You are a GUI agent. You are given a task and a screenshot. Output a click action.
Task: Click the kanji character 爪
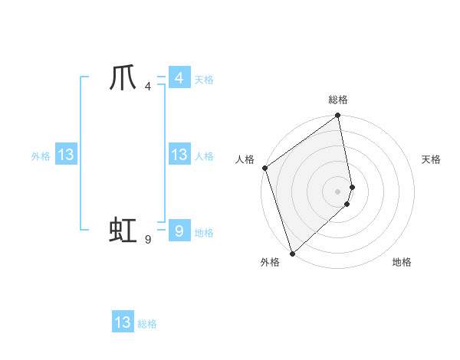[x=123, y=78]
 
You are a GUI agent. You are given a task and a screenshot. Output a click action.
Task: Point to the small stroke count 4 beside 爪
[x=147, y=86]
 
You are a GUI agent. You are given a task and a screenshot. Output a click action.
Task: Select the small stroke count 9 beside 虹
[x=147, y=239]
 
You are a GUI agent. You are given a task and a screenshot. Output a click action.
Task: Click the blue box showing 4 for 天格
[x=179, y=78]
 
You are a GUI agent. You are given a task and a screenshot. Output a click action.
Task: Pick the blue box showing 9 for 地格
[x=179, y=231]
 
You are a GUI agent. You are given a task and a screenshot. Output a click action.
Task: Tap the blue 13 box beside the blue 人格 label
[x=179, y=155]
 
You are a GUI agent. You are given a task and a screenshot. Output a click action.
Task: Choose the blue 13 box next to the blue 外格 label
[x=66, y=155]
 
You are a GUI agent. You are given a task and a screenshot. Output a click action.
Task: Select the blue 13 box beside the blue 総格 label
[x=123, y=322]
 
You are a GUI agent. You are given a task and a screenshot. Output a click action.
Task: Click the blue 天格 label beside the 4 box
[x=204, y=80]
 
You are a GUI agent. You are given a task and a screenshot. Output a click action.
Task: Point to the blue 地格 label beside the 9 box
[x=204, y=233]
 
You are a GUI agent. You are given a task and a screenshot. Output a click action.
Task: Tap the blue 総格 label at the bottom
[x=147, y=324]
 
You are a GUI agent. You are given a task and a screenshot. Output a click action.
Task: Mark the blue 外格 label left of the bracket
[x=41, y=156]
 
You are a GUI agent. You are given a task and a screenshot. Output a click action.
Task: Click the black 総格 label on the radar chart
[x=338, y=100]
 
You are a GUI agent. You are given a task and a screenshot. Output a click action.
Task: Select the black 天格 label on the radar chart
[x=432, y=159]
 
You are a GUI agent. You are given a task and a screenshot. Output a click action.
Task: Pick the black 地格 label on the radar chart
[x=402, y=262]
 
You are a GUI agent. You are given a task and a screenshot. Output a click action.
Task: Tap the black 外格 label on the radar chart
[x=270, y=262]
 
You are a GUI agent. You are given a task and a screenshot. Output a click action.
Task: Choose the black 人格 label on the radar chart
[x=245, y=159]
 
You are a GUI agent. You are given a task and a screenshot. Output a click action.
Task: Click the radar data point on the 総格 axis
[x=338, y=116]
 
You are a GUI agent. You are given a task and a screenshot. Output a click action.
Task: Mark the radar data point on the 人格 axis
[x=264, y=168]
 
